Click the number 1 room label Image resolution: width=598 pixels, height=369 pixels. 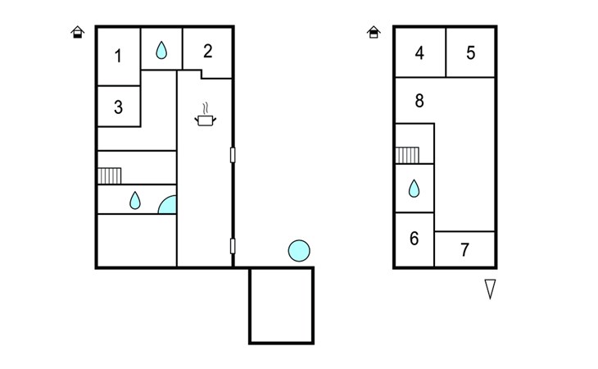tap(118, 56)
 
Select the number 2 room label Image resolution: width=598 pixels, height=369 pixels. tap(207, 51)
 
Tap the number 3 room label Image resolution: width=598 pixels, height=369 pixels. tap(118, 107)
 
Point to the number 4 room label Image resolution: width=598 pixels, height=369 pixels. tap(419, 53)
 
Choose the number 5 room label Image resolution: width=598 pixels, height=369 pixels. tap(471, 53)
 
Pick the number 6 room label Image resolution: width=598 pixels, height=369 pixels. tap(415, 238)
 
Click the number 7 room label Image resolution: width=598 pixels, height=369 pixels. tap(464, 250)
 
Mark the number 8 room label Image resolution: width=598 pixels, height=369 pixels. tap(419, 101)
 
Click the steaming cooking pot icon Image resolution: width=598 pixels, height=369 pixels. tap(205, 115)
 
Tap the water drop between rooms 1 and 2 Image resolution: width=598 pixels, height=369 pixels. tap(161, 50)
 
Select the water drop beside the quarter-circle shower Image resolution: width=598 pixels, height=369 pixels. tap(135, 200)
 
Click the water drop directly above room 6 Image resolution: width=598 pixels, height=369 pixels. tap(414, 189)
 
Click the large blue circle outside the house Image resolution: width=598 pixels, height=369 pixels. tap(299, 251)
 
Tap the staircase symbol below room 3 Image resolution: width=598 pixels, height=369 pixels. tap(110, 176)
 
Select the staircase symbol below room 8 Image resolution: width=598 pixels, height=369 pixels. tap(407, 155)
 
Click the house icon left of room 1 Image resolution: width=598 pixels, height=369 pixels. tap(78, 32)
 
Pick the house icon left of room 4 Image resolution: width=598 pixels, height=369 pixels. tap(374, 32)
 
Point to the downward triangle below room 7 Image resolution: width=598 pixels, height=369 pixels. tap(490, 289)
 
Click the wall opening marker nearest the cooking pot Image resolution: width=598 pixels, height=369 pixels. tap(233, 155)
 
